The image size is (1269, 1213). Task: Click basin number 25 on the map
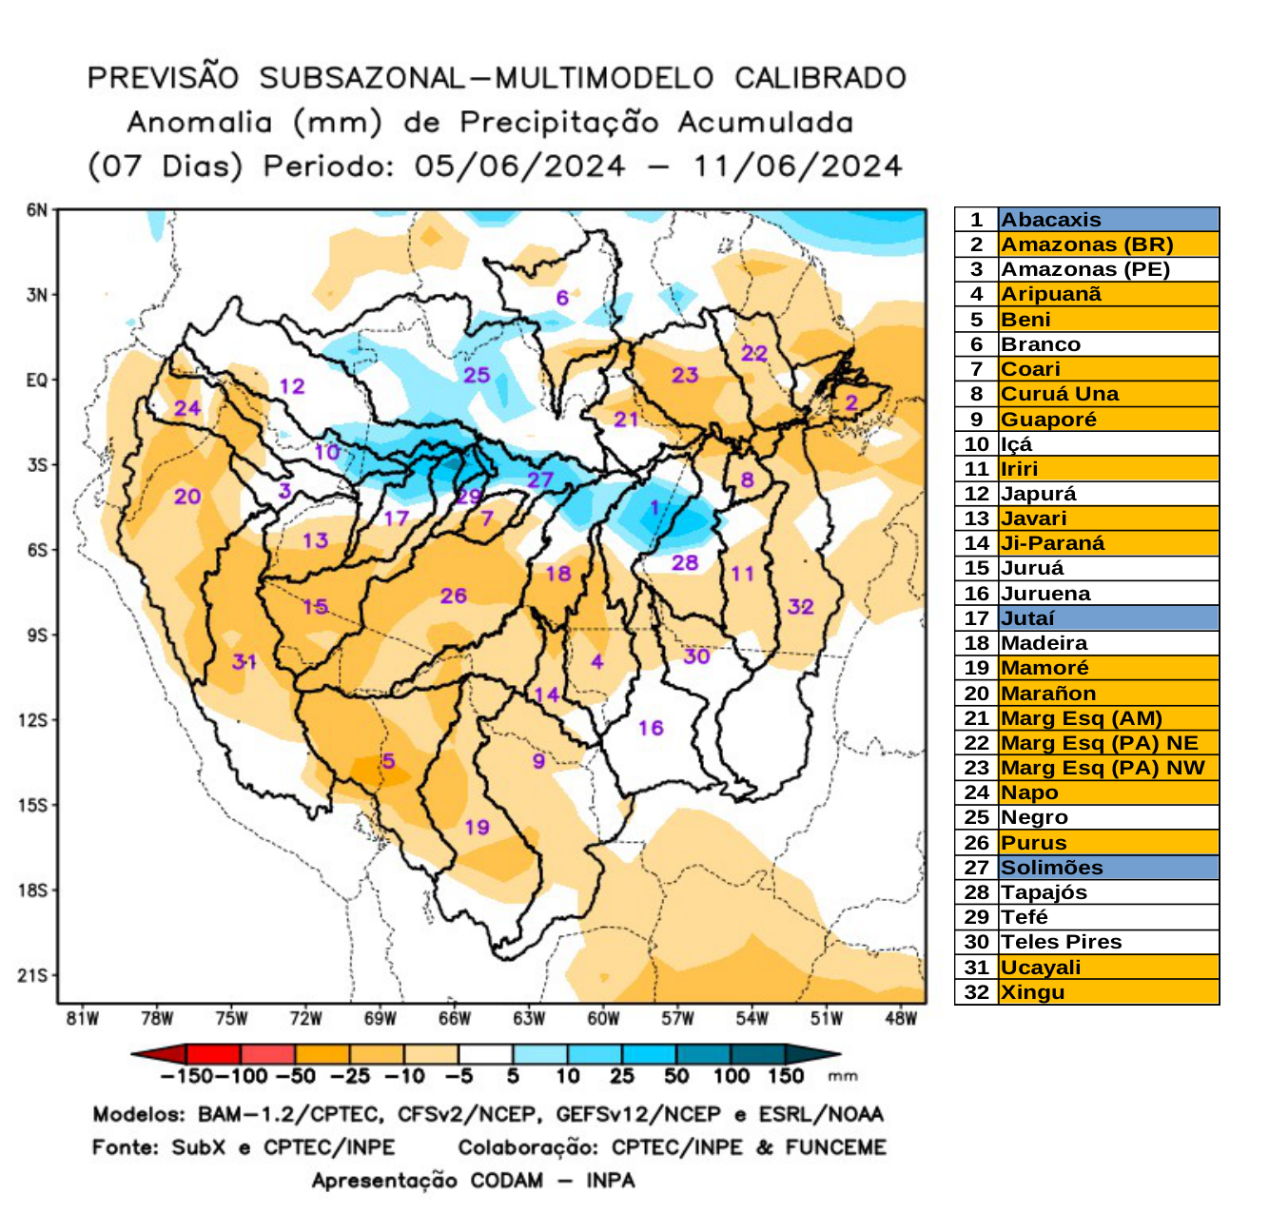tap(477, 375)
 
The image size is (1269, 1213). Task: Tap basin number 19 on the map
tap(477, 827)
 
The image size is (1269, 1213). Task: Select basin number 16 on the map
tap(651, 728)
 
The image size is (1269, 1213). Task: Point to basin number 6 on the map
tap(562, 298)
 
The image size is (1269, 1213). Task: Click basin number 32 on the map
tap(801, 606)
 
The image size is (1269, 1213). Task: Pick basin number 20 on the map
tap(187, 496)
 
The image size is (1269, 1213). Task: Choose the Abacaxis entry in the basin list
tap(1051, 220)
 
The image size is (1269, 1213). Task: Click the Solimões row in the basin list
tap(1051, 868)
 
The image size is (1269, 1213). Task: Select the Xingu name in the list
tap(1032, 992)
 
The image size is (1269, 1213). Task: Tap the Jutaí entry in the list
tap(1027, 618)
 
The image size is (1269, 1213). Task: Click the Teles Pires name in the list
tap(1061, 942)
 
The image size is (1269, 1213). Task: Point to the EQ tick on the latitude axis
tap(36, 381)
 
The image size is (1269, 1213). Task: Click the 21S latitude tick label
tap(33, 975)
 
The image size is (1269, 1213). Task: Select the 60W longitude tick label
tap(603, 1019)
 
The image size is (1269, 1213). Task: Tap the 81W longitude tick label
tap(83, 1019)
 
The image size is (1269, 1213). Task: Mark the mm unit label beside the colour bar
tap(843, 1076)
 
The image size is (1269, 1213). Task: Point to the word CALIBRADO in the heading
tap(820, 78)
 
